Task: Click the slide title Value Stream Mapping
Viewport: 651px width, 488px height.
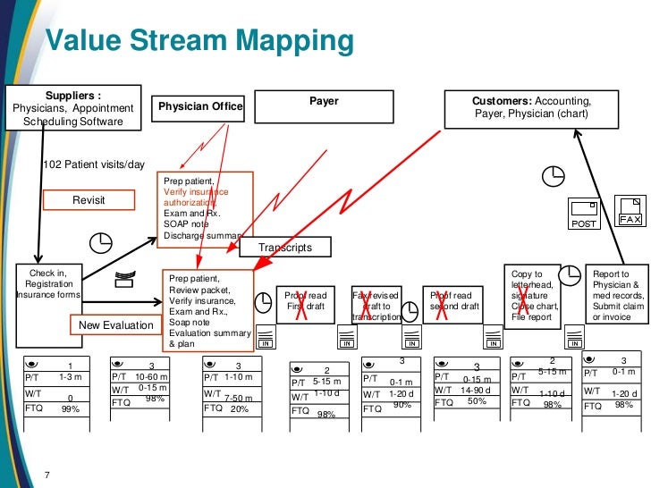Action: tap(199, 40)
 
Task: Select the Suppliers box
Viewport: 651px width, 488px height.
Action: tap(73, 107)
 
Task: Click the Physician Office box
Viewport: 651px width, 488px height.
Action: tap(199, 107)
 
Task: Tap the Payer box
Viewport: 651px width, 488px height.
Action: tap(324, 106)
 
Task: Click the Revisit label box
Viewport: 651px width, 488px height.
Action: tap(89, 200)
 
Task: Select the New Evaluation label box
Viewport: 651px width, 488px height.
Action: tap(115, 325)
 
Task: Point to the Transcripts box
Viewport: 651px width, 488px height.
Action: tap(283, 248)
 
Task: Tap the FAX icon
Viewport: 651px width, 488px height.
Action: tap(631, 211)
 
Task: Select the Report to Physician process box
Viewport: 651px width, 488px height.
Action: tap(617, 295)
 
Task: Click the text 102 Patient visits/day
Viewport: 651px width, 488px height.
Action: tap(93, 165)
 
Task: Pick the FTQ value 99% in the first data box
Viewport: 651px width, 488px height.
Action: tap(71, 408)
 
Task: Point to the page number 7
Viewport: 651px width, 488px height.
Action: tap(47, 473)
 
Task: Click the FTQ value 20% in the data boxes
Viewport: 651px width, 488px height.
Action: tap(239, 408)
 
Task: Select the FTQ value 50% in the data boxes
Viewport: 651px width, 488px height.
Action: tap(477, 401)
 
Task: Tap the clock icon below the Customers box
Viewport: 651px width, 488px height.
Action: tap(555, 172)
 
